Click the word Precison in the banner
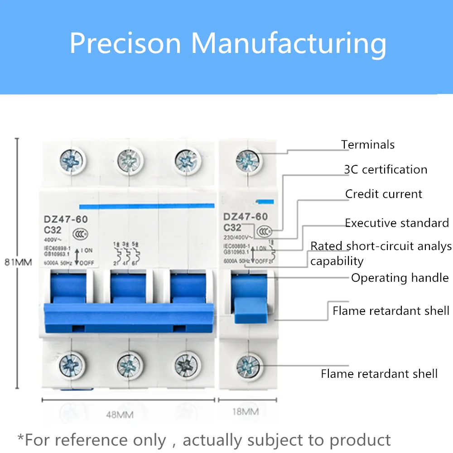click(x=125, y=43)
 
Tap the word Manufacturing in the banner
click(x=289, y=43)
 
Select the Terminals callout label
click(x=368, y=145)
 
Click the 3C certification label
click(x=386, y=170)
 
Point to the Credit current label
click(x=384, y=194)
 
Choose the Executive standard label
click(x=397, y=223)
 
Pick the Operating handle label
click(x=400, y=278)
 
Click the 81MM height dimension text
click(x=18, y=262)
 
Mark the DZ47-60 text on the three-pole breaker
click(x=66, y=219)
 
